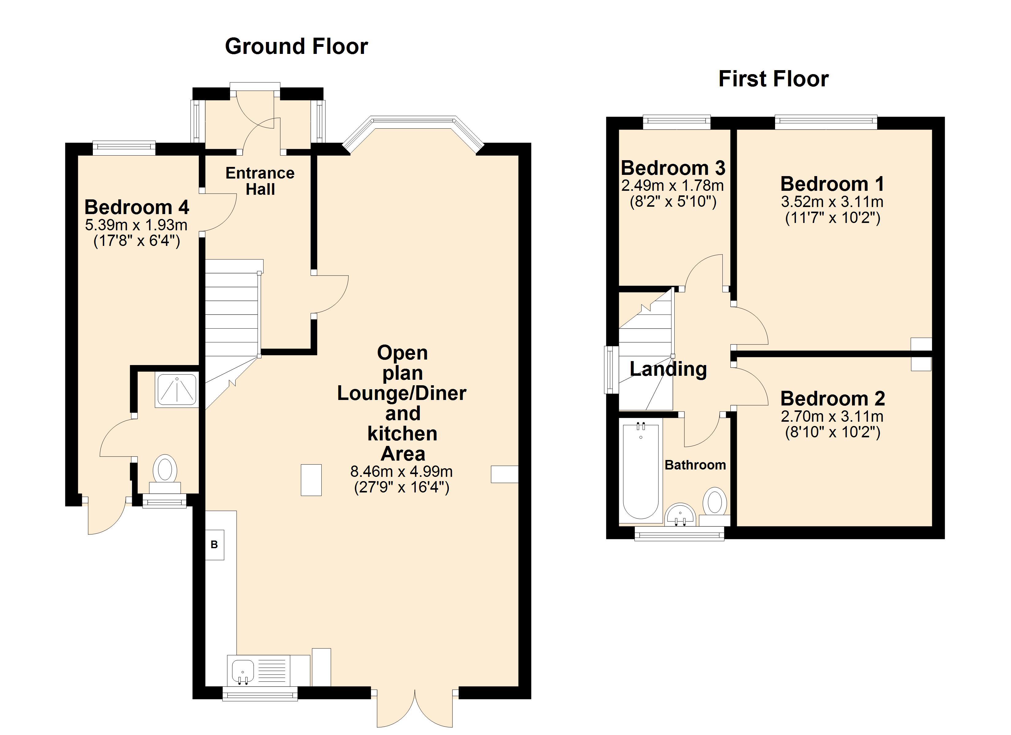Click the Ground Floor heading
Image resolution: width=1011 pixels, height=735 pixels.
[x=297, y=46]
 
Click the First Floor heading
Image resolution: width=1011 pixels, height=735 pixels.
[x=773, y=79]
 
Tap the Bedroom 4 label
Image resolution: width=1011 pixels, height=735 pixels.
[x=137, y=207]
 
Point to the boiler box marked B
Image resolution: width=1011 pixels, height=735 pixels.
[x=214, y=545]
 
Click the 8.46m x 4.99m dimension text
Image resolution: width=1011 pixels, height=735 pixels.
[x=402, y=471]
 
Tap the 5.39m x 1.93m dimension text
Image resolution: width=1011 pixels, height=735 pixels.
[x=136, y=225]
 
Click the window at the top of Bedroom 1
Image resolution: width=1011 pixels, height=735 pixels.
[x=826, y=122]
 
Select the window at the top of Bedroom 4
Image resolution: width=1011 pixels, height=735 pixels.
[x=124, y=148]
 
